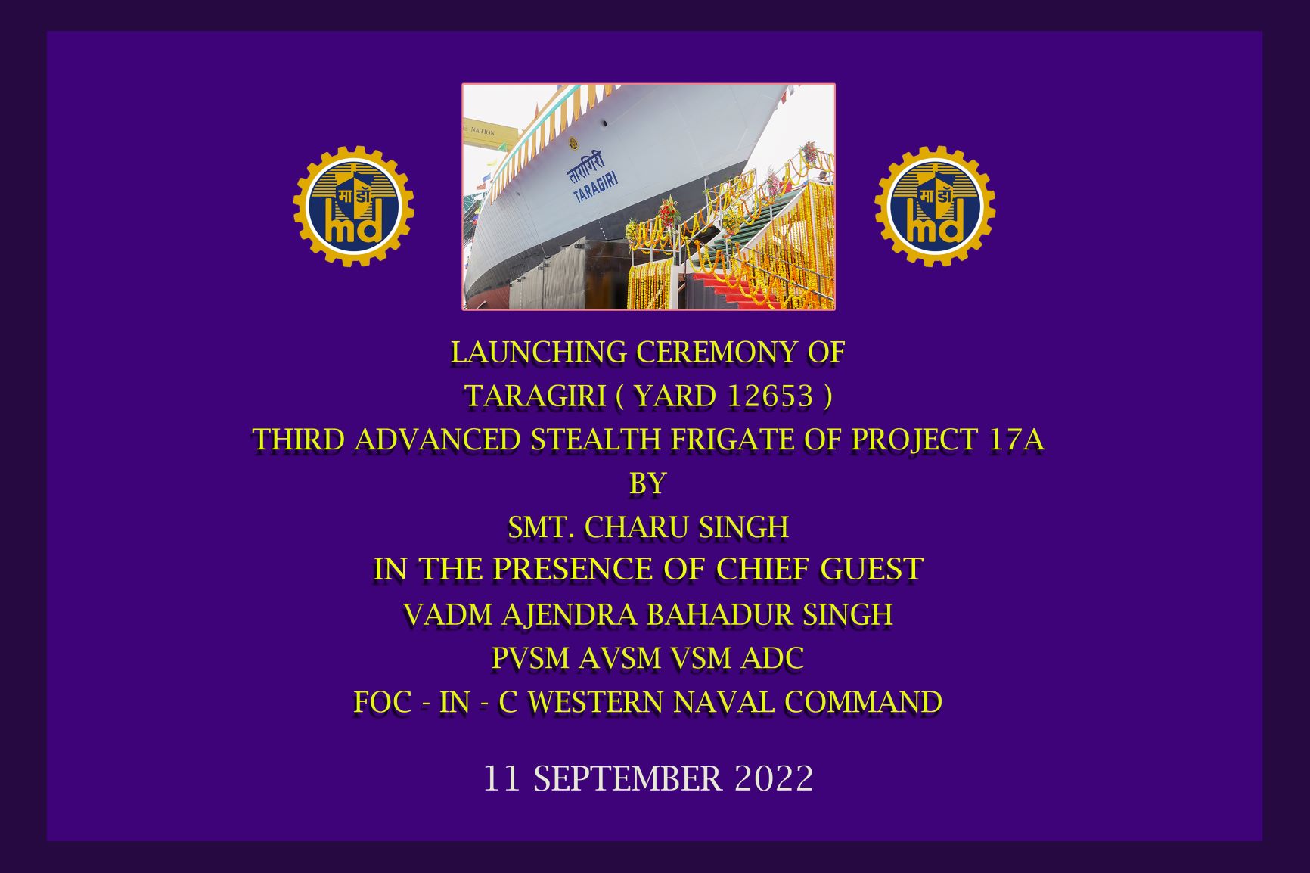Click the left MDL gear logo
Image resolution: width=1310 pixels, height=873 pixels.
[353, 207]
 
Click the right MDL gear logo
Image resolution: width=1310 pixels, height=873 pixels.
[935, 207]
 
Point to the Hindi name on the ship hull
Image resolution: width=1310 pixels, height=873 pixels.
[586, 167]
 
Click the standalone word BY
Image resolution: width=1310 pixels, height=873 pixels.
[647, 483]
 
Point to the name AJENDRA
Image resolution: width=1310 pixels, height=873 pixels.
[570, 614]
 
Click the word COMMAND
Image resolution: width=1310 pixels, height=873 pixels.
[864, 702]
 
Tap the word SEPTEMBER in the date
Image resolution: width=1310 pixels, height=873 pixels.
[628, 778]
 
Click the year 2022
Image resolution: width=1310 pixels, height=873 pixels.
[773, 778]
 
